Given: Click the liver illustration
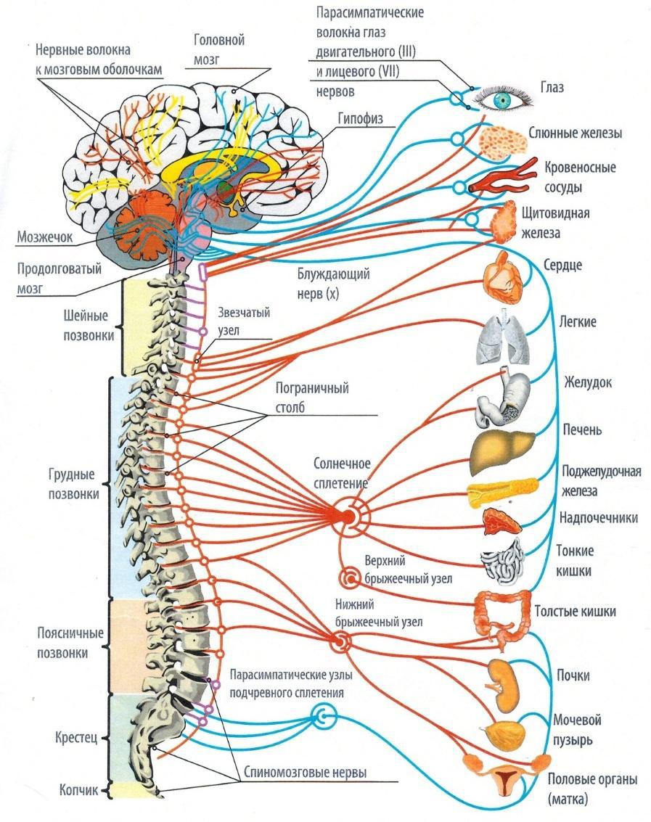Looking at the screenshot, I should (x=501, y=451).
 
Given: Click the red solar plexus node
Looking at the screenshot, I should (x=349, y=516).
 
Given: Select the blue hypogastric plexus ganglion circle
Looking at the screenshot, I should (x=322, y=718).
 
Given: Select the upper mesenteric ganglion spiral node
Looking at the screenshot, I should (x=349, y=578).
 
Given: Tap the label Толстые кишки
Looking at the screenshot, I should (x=575, y=612).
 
